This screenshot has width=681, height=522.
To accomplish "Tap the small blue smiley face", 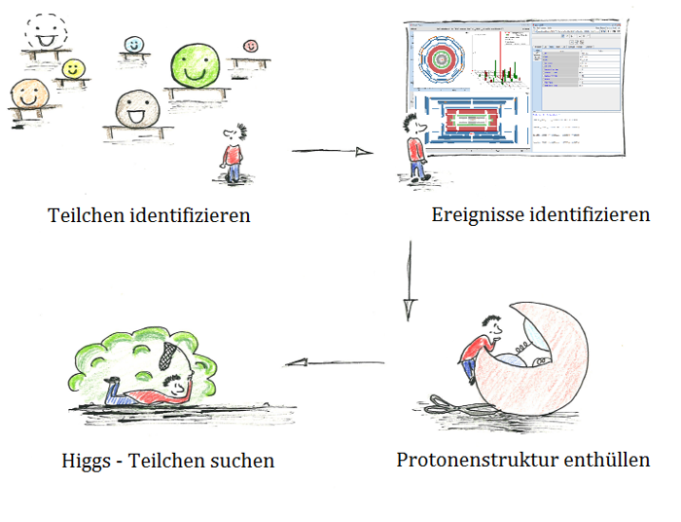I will coord(134,44).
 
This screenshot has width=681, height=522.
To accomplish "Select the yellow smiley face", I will coord(72,69).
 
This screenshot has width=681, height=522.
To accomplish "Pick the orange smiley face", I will coord(28,95).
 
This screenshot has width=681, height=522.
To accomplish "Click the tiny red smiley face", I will coord(250,46).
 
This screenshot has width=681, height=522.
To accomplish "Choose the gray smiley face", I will coord(134,110).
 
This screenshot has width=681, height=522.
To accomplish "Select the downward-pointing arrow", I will coord(409,282).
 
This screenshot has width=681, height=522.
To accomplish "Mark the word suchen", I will coord(241,461).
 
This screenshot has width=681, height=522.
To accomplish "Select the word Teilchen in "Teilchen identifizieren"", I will coord(86,215).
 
